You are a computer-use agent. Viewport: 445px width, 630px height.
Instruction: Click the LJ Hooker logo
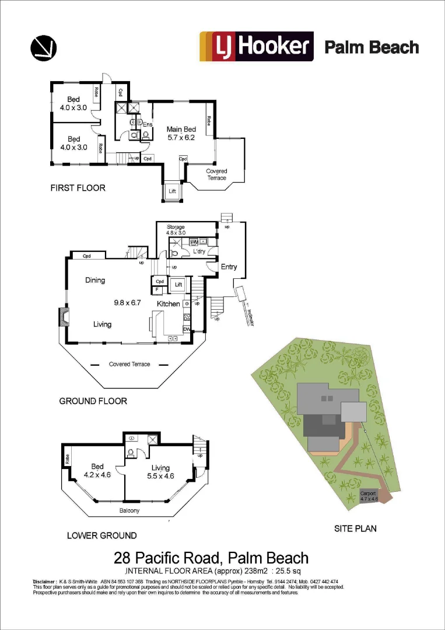tap(257, 47)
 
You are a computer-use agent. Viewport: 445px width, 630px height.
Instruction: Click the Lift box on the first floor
tap(172, 191)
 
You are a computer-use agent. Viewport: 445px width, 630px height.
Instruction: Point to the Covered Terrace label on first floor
tap(216, 174)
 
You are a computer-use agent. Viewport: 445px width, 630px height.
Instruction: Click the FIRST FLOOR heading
tap(78, 188)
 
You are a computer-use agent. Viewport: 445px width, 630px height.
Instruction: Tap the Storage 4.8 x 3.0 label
tap(176, 229)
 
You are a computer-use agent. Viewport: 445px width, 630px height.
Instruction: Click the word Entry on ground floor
tap(229, 267)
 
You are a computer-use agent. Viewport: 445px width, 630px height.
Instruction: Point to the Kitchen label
tap(168, 304)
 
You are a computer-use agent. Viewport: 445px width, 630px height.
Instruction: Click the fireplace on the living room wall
tap(62, 317)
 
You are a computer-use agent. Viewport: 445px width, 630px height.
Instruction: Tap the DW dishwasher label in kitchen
tap(187, 328)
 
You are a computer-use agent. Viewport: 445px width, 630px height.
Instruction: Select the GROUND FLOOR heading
tap(93, 401)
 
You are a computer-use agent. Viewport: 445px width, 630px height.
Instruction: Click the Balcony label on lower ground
tap(129, 510)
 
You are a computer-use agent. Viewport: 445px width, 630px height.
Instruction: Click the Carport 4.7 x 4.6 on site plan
tap(369, 496)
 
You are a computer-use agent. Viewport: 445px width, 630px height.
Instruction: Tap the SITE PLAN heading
tap(355, 528)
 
